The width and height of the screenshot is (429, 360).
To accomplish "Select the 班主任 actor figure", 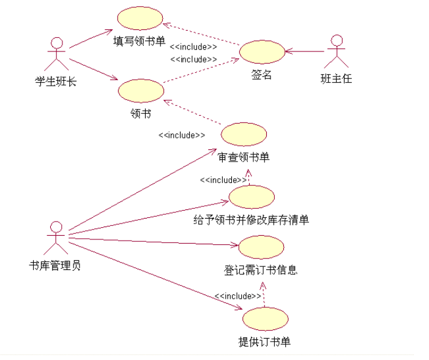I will point(336,51).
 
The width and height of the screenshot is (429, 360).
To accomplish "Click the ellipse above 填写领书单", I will point(140,18).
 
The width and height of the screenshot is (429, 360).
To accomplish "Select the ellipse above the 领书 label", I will point(141,91).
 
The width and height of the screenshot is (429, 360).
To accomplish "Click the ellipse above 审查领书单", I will point(244,135).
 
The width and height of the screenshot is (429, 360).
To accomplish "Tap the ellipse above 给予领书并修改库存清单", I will point(252,197).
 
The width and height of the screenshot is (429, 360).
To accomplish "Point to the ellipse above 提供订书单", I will point(265,319).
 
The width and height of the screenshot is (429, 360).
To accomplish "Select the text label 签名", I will point(261,75).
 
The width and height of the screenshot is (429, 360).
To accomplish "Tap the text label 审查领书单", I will point(244,157).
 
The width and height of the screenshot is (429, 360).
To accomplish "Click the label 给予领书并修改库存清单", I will point(251,219).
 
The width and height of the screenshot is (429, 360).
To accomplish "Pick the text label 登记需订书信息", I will point(261,269).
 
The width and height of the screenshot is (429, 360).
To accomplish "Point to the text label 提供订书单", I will point(264,342).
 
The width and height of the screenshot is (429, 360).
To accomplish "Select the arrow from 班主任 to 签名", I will point(304,52).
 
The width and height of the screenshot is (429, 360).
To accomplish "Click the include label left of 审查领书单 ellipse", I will point(182,135).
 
